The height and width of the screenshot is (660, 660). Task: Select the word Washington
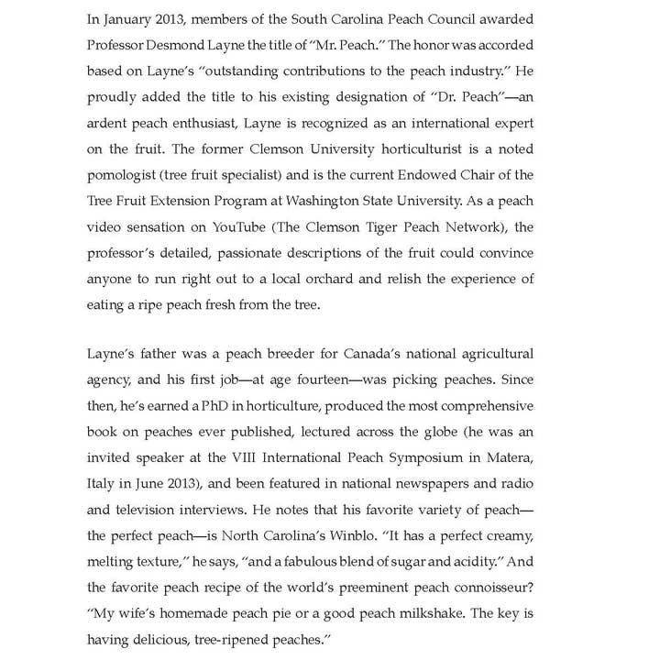[x=326, y=201]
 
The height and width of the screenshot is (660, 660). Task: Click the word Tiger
[x=368, y=226]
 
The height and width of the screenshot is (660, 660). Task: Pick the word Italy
[x=101, y=483]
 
